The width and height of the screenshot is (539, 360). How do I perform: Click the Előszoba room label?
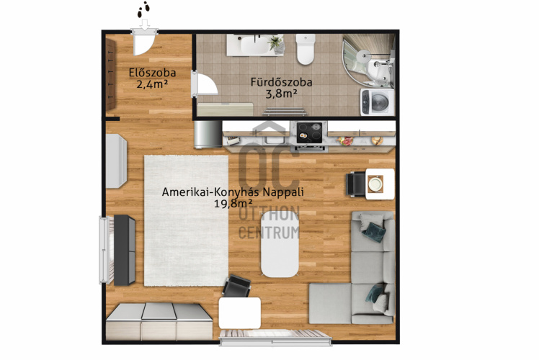[152, 73]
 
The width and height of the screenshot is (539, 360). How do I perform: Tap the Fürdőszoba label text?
[281, 82]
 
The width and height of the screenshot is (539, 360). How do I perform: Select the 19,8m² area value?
[231, 204]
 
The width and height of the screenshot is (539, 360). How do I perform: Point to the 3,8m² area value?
[281, 94]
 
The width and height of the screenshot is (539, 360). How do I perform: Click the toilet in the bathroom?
[306, 49]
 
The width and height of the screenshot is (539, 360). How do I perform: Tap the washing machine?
[377, 102]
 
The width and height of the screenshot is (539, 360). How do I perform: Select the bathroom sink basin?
[254, 45]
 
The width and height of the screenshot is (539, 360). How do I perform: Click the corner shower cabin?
[368, 60]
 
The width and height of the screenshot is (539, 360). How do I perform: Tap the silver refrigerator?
[208, 134]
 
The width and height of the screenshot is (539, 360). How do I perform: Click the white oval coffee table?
[280, 244]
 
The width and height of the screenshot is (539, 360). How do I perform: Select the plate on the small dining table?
[375, 184]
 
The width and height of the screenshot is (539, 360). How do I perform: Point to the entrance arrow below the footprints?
[145, 24]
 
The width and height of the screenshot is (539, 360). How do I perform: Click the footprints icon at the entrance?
[143, 9]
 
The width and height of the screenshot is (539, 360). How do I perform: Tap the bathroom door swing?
[205, 84]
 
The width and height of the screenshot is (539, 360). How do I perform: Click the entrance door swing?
[143, 43]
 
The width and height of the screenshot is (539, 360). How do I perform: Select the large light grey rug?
[187, 221]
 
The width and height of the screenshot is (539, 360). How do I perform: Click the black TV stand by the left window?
[124, 250]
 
